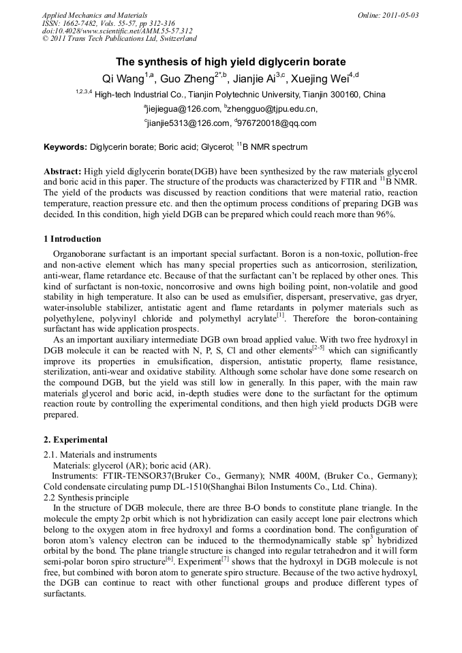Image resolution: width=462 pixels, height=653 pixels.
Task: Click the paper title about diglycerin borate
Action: tap(230, 61)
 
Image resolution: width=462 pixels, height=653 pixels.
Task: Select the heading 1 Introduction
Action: tap(72, 239)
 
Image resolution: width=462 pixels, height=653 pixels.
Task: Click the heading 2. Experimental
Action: tap(76, 440)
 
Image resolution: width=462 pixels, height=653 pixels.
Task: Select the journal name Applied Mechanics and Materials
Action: tap(95, 15)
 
